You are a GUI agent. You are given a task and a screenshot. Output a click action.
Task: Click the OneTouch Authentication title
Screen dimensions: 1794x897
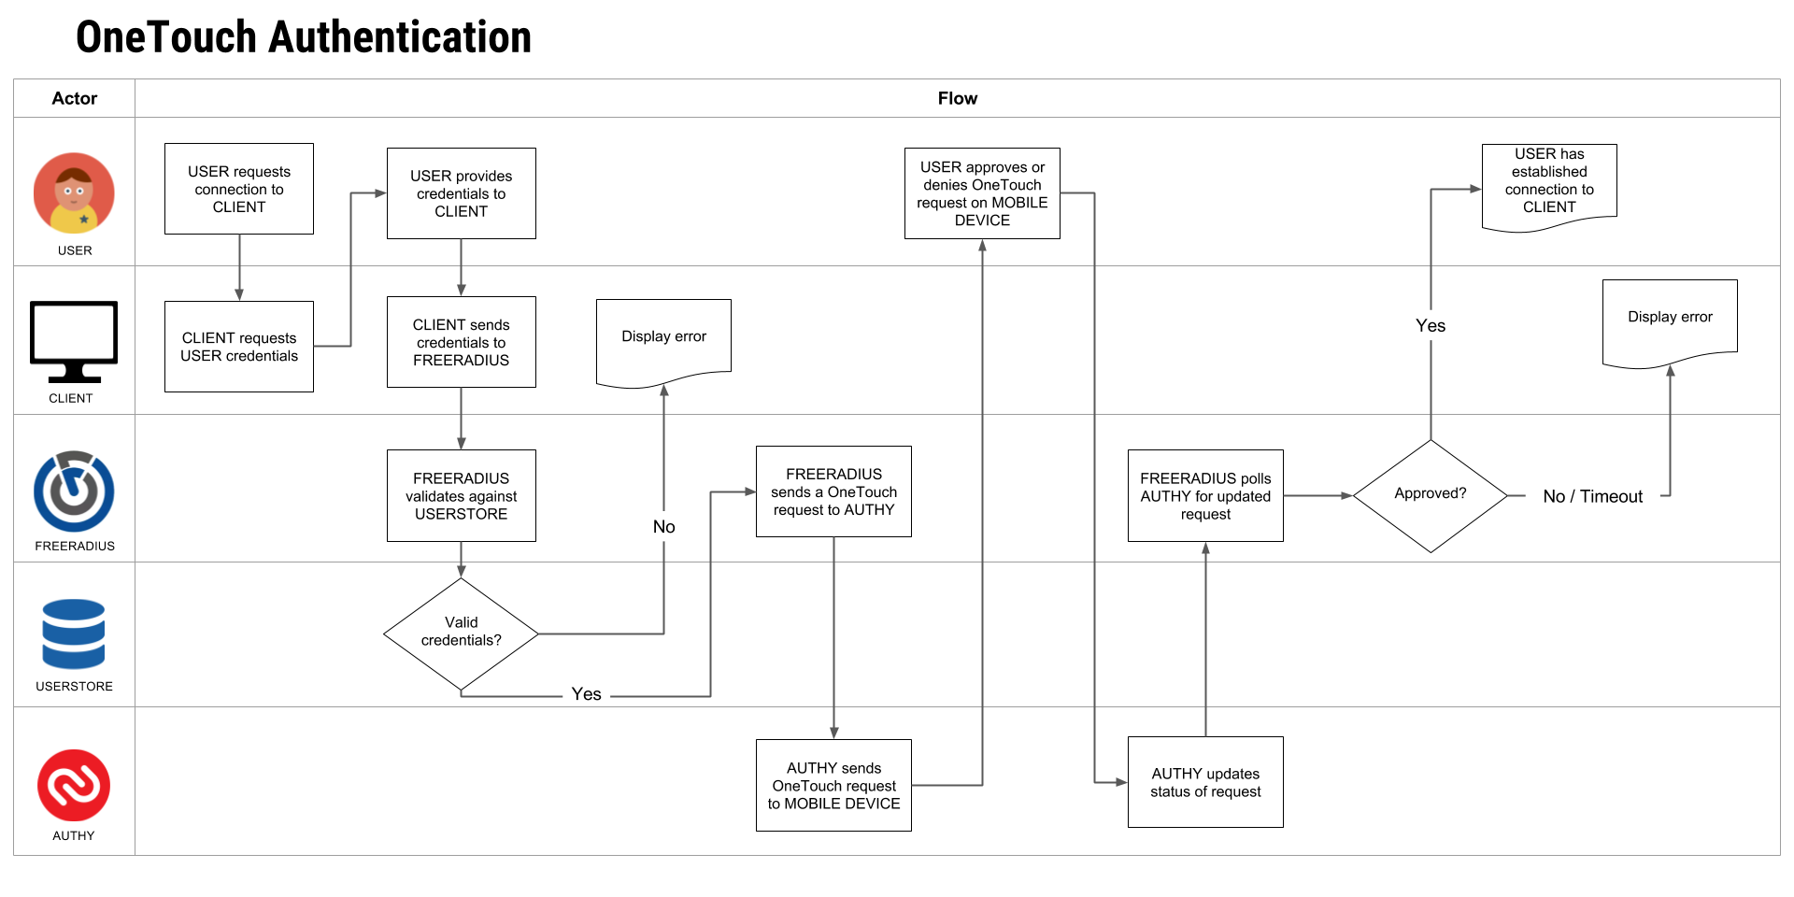tap(304, 37)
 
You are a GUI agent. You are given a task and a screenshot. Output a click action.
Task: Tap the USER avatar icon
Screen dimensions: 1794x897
tap(74, 193)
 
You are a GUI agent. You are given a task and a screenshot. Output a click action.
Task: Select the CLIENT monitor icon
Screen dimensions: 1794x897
tap(74, 342)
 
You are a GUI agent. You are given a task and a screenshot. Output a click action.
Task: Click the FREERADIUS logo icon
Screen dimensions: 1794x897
tap(74, 491)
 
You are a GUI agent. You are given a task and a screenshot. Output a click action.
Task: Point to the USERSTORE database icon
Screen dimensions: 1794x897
tap(74, 634)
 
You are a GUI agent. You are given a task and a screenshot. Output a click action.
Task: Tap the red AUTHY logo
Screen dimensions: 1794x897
tap(74, 785)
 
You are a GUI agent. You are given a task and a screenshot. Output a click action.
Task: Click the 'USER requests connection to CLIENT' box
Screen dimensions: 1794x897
tap(239, 189)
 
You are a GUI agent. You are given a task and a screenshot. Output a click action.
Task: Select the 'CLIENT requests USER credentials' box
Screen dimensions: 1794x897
tap(239, 347)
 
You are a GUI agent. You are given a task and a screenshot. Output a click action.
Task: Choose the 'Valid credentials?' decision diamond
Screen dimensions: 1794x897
tap(462, 634)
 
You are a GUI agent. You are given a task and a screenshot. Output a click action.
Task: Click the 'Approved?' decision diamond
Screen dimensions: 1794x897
tap(1431, 495)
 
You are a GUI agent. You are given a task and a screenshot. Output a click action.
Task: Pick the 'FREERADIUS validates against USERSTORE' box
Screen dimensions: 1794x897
tap(462, 496)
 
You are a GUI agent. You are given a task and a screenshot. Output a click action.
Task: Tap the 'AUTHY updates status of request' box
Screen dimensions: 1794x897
tap(1205, 782)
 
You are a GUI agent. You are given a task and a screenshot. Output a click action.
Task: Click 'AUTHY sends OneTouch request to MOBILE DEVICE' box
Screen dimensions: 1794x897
tap(833, 785)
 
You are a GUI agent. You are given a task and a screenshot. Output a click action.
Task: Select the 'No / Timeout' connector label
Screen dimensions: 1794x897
tap(1592, 496)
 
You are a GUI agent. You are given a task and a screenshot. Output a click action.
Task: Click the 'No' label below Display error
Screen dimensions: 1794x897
tap(663, 527)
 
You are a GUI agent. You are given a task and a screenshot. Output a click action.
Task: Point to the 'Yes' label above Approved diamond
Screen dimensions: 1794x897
tap(1431, 325)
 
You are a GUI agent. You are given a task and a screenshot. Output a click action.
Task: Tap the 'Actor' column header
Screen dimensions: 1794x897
tap(75, 98)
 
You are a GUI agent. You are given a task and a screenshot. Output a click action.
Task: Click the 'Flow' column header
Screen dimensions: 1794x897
tap(958, 98)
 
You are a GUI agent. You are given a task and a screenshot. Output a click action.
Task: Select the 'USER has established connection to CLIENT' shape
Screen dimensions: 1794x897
tap(1549, 187)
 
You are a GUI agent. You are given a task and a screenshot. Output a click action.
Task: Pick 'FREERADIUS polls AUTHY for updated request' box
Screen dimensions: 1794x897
tap(1205, 496)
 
